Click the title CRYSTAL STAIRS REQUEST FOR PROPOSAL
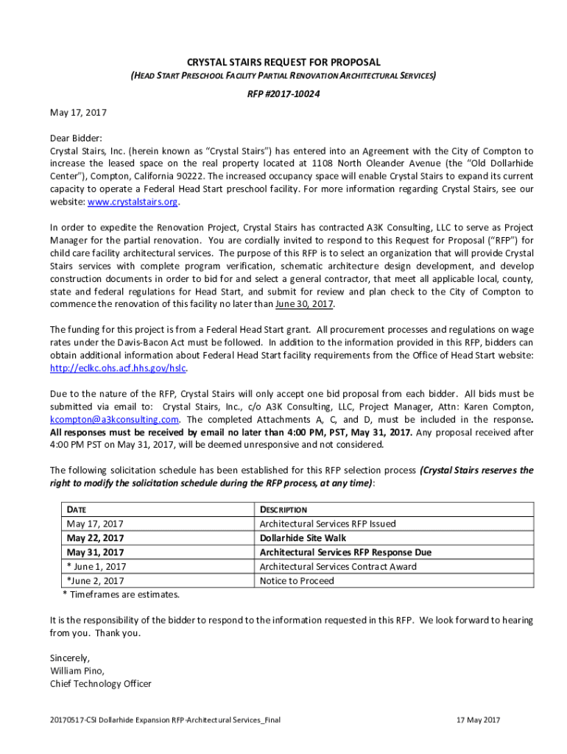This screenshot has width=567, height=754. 283,63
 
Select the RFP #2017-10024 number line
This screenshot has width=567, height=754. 283,94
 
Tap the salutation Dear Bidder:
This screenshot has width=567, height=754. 76,137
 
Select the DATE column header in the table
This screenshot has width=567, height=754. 79,510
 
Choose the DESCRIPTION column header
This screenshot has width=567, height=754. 283,510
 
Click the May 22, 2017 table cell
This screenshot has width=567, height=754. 95,538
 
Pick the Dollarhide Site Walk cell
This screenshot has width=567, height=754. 303,538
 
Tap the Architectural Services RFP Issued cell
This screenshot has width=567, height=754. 328,524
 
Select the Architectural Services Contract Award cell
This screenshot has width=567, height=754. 338,566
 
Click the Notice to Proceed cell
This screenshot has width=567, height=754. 297,581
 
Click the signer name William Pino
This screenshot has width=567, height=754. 77,671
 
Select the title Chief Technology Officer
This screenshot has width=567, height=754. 100,683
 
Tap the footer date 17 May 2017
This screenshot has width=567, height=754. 478,719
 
